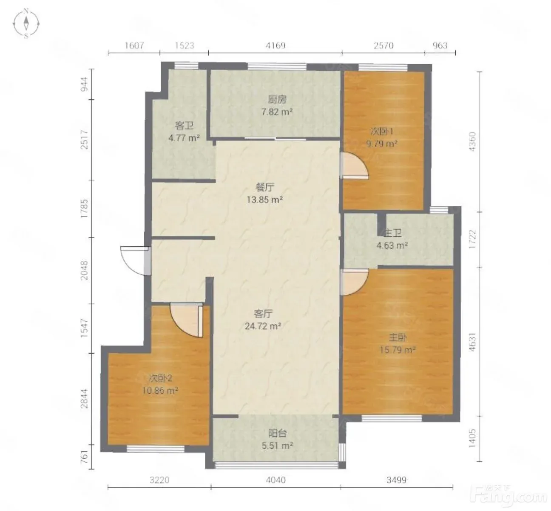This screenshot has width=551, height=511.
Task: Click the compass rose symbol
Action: tap(26, 23)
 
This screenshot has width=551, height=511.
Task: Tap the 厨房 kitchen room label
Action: tap(277, 100)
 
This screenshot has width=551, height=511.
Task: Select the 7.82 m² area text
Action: tap(277, 112)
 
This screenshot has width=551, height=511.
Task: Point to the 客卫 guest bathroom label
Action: tap(184, 126)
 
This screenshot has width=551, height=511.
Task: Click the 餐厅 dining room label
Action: tap(265, 187)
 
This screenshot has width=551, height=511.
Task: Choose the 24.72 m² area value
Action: tap(263, 326)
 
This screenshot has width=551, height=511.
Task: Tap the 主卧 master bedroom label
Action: tap(398, 338)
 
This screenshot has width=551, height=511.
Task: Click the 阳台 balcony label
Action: tap(277, 433)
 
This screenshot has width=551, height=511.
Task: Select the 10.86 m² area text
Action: tap(160, 391)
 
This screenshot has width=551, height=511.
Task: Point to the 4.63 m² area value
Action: tap(392, 246)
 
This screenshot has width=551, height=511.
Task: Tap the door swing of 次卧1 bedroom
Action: tap(355, 165)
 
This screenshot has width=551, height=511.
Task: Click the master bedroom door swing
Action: tap(354, 282)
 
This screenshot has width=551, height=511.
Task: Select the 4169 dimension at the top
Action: tap(275, 45)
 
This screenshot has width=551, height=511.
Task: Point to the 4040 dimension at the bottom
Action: tap(275, 480)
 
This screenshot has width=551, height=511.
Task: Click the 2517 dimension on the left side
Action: tap(84, 140)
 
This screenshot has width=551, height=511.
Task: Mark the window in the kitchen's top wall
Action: tap(277, 66)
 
